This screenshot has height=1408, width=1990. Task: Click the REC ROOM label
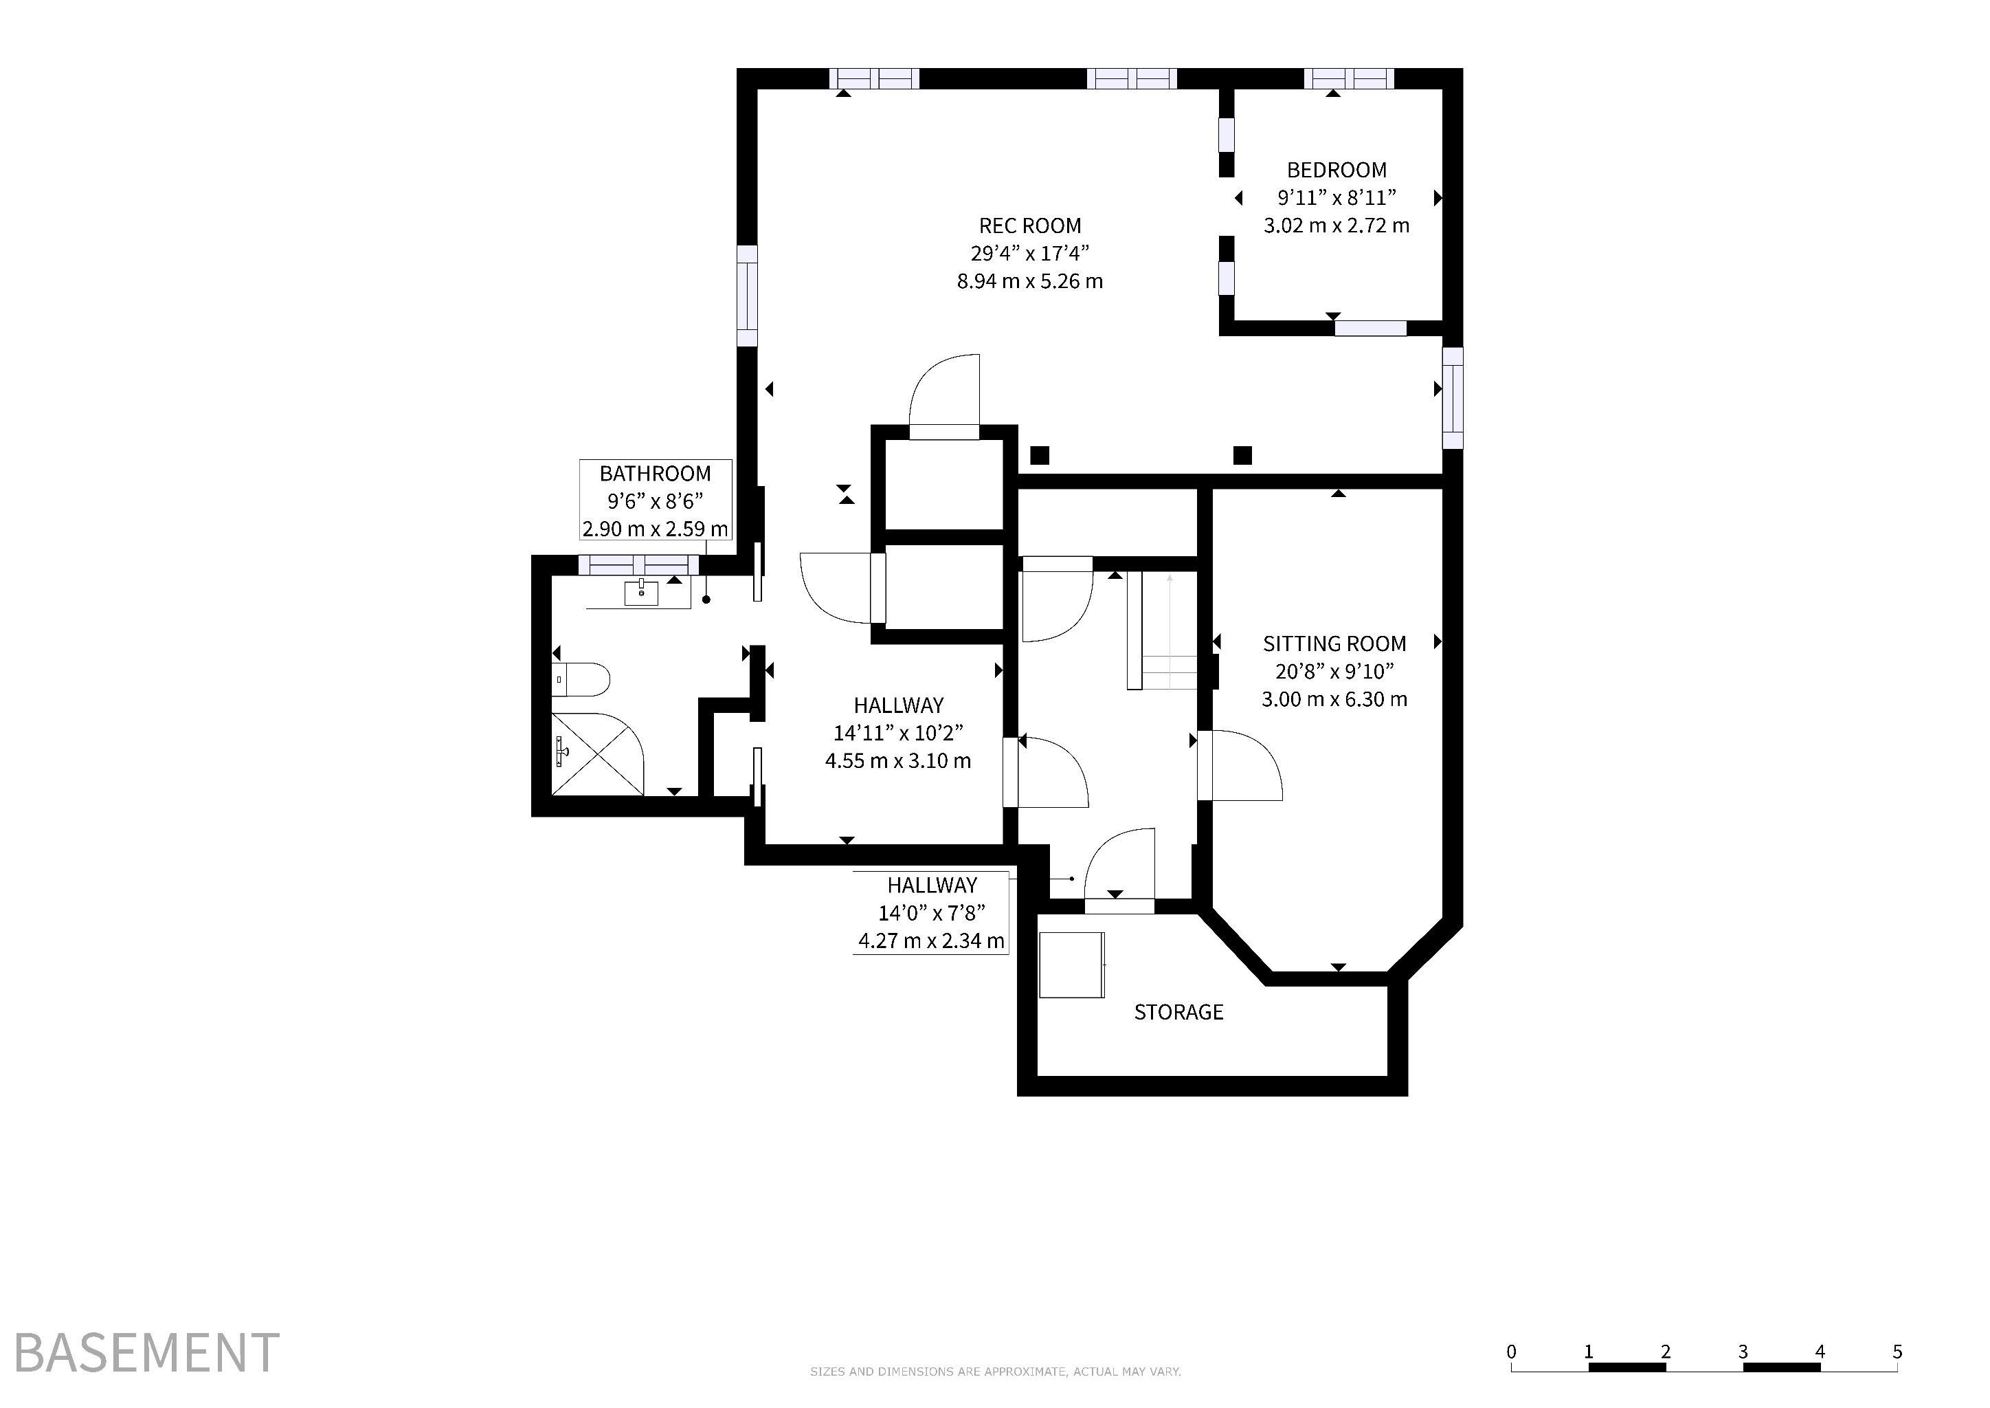pyautogui.click(x=1029, y=226)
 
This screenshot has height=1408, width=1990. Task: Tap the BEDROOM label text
pyautogui.click(x=1337, y=170)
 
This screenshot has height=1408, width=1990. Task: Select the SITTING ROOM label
pyautogui.click(x=1334, y=643)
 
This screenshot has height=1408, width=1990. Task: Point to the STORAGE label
pyautogui.click(x=1178, y=1012)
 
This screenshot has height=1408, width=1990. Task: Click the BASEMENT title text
pyautogui.click(x=146, y=1352)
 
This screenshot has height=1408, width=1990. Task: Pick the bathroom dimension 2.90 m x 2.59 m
pyautogui.click(x=656, y=528)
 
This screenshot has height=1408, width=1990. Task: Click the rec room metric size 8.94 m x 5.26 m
pyautogui.click(x=1029, y=281)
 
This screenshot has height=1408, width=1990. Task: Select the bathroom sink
pyautogui.click(x=640, y=593)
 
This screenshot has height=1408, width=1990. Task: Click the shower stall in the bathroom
pyautogui.click(x=598, y=753)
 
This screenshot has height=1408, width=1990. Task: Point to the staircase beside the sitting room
pyautogui.click(x=1161, y=631)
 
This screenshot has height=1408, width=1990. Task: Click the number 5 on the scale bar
pyautogui.click(x=1897, y=1352)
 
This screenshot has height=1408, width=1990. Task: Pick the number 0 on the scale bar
pyautogui.click(x=1512, y=1352)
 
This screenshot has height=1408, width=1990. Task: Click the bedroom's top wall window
pyautogui.click(x=1350, y=79)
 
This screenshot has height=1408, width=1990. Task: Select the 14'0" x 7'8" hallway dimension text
pyautogui.click(x=932, y=913)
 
